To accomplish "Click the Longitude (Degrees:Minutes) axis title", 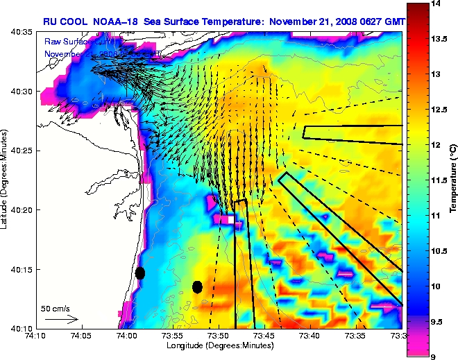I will pyautogui.click(x=219, y=345).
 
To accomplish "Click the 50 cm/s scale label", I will pyautogui.click(x=55, y=307).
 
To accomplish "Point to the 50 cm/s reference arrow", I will pyautogui.click(x=62, y=320).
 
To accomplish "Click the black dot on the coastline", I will pyautogui.click(x=140, y=273).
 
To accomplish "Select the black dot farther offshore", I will pyautogui.click(x=197, y=286).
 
